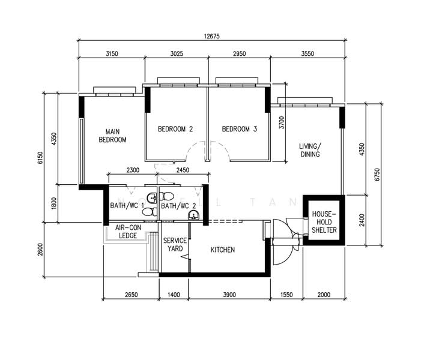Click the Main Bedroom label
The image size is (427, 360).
coord(112,136)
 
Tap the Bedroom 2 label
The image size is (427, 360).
coord(175,129)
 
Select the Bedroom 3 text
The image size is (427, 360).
coord(240,129)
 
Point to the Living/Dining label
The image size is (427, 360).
coord(310,150)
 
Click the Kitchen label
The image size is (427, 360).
coord(222,250)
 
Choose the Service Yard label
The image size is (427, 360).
coord(175,244)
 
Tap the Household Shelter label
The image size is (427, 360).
coord(324,222)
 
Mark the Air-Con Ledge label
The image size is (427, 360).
coord(128,232)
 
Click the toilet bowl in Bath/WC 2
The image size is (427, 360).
coord(166,196)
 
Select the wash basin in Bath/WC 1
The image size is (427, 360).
coord(152,198)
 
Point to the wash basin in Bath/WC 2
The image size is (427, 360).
coord(193,215)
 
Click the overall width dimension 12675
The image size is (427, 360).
coord(211,36)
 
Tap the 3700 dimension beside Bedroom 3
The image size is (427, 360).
coord(282,122)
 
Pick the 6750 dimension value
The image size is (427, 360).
coord(377,175)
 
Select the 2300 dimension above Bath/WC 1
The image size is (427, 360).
coord(133,170)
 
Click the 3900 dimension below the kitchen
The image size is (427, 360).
coord(229,295)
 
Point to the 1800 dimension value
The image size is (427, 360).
coord(53,203)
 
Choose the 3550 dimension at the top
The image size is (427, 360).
coord(307,53)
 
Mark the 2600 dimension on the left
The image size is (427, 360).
coord(40,250)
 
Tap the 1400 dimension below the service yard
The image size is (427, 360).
coord(174,295)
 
